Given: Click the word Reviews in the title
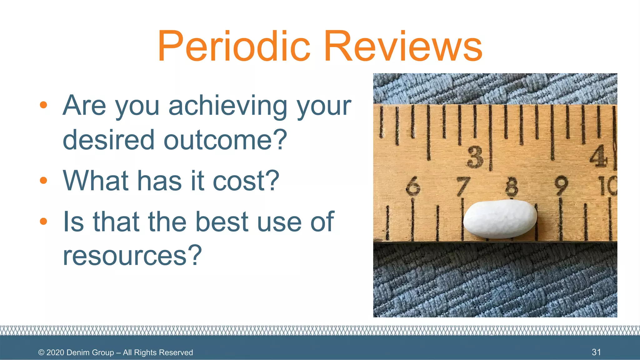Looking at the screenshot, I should pyautogui.click(x=403, y=46).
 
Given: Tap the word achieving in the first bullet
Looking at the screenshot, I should pyautogui.click(x=228, y=106).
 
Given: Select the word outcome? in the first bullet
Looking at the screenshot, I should pyautogui.click(x=225, y=140).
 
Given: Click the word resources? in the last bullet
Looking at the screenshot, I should pyautogui.click(x=132, y=256).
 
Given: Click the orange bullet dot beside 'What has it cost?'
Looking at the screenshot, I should pyautogui.click(x=43, y=180).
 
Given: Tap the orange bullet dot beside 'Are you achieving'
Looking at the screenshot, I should pyautogui.click(x=43, y=105).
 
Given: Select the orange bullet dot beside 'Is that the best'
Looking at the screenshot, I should pyautogui.click(x=43, y=222).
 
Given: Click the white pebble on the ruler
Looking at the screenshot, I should pyautogui.click(x=500, y=219).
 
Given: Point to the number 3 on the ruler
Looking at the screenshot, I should pyautogui.click(x=475, y=157).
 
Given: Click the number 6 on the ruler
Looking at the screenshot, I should pyautogui.click(x=413, y=186).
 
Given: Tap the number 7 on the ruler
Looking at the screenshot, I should pyautogui.click(x=463, y=186).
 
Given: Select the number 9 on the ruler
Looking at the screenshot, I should pyautogui.click(x=561, y=186).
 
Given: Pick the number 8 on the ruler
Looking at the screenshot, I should pyautogui.click(x=512, y=186).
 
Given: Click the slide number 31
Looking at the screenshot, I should pyautogui.click(x=596, y=352).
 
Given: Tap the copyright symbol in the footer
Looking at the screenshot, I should pyautogui.click(x=41, y=352).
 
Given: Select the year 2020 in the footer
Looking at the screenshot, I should pyautogui.click(x=55, y=352).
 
